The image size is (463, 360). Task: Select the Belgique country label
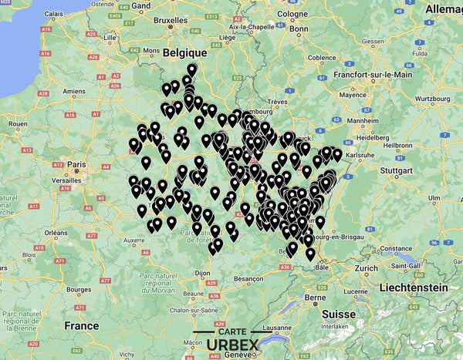186,52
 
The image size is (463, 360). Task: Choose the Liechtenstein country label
411,287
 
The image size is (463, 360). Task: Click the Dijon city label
203,273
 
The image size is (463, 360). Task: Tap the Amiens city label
74,91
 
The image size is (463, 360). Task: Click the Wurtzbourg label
433,99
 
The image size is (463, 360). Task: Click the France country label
82,325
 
